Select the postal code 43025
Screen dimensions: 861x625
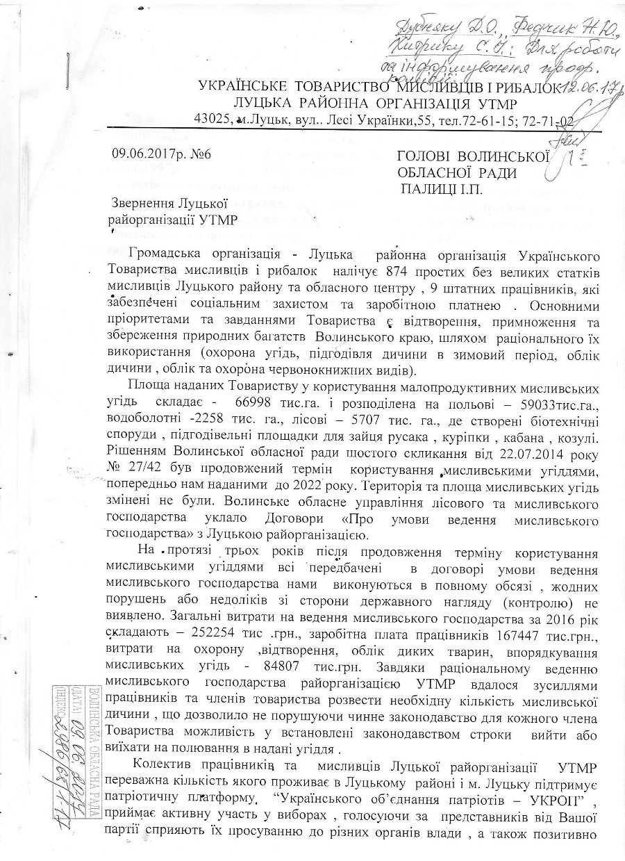pos(213,120)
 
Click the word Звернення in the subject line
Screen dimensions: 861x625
pos(145,203)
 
